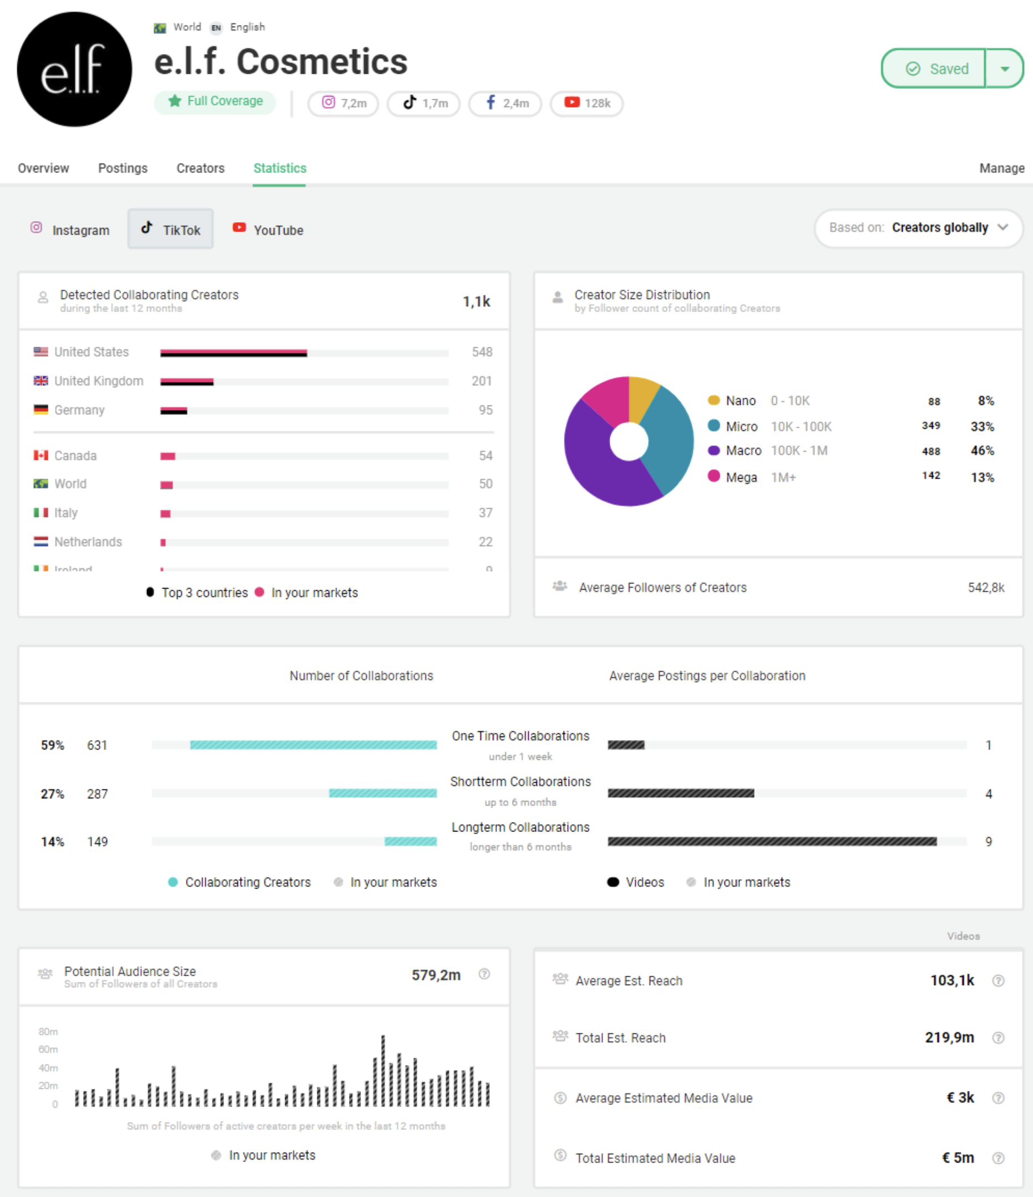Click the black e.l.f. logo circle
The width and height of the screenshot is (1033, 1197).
74,69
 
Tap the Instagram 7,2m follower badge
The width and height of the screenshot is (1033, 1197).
343,103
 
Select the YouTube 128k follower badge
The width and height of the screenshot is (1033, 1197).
586,103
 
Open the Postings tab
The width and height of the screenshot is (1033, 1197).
123,168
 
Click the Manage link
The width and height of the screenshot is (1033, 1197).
1001,168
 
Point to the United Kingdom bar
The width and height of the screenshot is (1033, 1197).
186,381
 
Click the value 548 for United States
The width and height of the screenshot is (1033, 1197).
482,352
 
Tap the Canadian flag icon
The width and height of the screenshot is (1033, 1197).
40,455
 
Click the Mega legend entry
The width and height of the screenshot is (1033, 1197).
741,477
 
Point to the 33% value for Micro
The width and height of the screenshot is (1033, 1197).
981,427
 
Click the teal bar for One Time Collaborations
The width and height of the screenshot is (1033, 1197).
313,745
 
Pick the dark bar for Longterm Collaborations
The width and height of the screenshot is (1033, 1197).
771,841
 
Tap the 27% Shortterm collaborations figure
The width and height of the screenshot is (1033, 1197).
52,794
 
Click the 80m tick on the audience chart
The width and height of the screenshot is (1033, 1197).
48,1031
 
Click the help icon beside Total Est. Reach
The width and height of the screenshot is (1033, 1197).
997,1038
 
